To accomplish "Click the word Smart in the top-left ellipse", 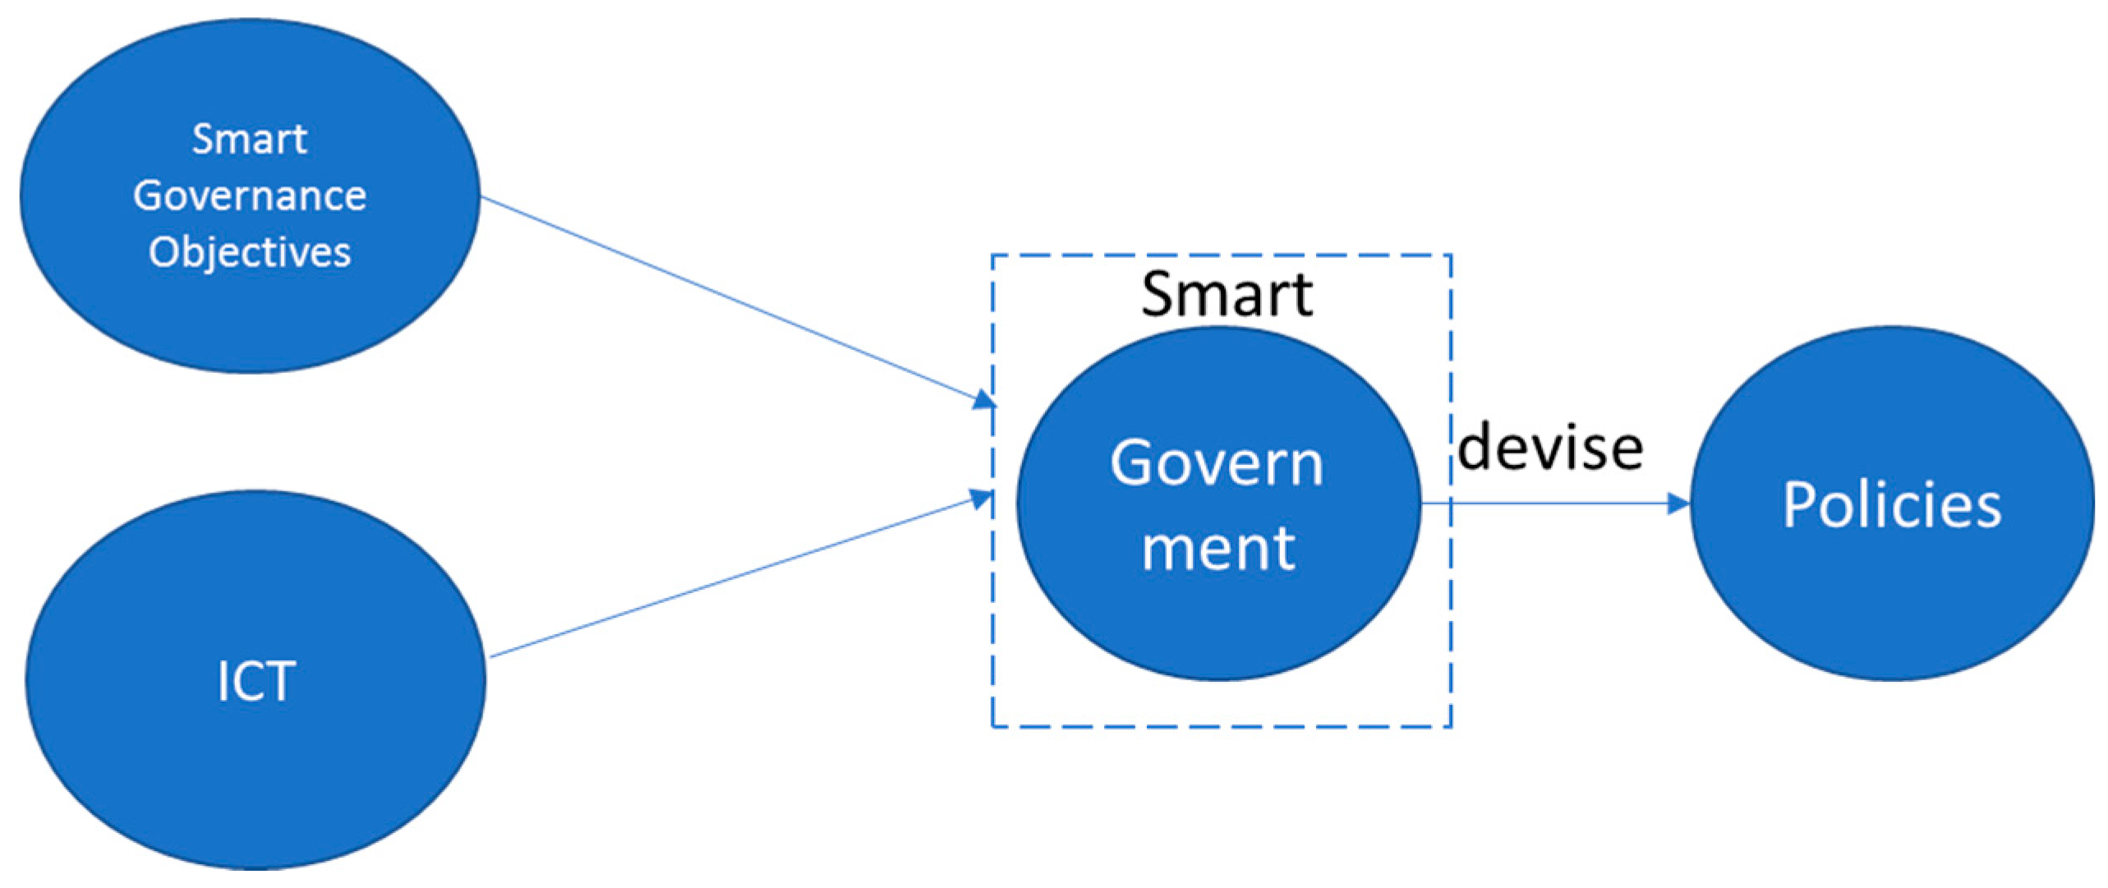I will (249, 139).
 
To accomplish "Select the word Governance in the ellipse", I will (249, 196).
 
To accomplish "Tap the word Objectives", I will (249, 251).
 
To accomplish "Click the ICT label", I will (255, 681).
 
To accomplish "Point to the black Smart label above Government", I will (1227, 293).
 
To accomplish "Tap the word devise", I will (1550, 448).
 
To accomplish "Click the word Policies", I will (1891, 504).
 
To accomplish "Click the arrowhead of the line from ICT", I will (983, 498).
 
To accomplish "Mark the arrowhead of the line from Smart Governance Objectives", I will (985, 401).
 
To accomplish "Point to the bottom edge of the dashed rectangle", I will (1222, 726).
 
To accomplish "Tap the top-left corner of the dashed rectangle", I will (993, 256).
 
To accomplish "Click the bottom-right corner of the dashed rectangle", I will (1450, 726).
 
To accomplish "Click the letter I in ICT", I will (222, 681).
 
